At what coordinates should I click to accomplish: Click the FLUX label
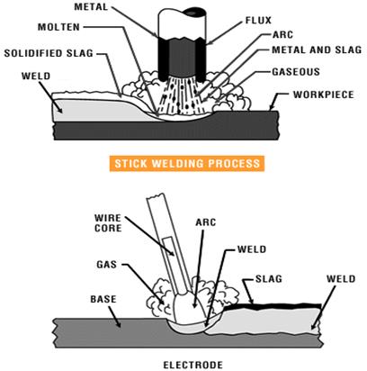(x=258, y=21)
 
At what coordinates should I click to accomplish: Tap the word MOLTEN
(x=58, y=27)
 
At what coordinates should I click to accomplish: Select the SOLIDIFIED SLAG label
(x=49, y=53)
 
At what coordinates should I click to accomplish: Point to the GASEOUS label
(x=296, y=72)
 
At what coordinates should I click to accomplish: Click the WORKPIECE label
(x=324, y=95)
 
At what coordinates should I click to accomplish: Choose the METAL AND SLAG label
(x=317, y=50)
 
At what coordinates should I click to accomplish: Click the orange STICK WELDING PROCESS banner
(x=187, y=164)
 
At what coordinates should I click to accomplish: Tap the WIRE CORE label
(x=108, y=222)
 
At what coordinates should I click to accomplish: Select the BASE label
(x=103, y=299)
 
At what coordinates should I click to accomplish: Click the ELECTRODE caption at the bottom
(x=192, y=365)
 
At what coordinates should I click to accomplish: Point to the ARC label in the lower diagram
(x=206, y=222)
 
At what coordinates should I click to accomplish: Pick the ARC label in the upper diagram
(x=282, y=35)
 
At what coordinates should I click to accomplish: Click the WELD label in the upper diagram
(x=36, y=76)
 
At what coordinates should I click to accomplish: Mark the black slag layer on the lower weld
(x=273, y=306)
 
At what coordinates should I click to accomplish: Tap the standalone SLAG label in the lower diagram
(x=269, y=278)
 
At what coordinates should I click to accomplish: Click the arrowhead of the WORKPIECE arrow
(x=272, y=108)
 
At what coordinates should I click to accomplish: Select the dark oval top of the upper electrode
(x=194, y=13)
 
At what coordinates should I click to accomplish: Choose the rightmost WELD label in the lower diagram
(x=341, y=278)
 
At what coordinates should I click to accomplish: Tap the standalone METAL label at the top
(x=91, y=6)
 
